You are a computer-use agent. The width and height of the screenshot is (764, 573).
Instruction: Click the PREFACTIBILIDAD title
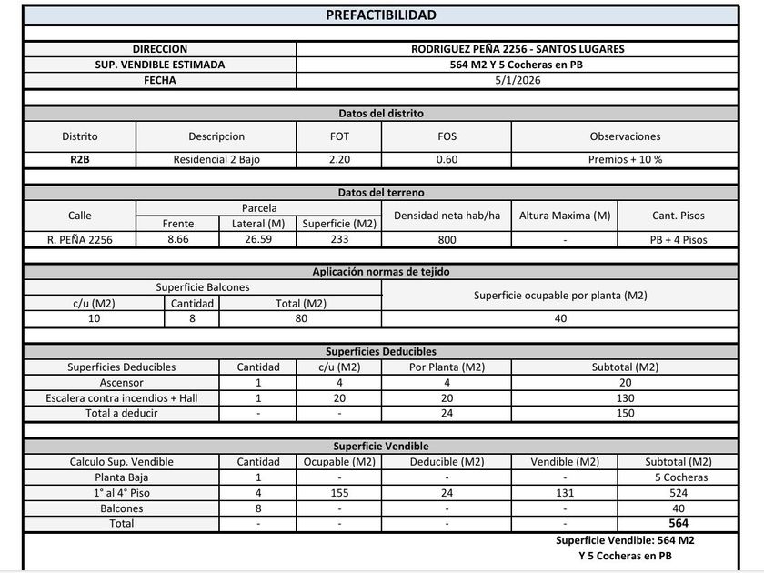381,15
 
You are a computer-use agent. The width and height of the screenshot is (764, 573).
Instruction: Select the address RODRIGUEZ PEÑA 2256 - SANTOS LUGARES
517,49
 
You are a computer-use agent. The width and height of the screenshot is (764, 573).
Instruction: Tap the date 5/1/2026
517,80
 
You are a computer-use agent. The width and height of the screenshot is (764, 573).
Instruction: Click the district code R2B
79,159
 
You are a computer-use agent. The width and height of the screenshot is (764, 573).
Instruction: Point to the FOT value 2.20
338,159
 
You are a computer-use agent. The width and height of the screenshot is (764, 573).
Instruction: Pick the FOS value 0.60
446,159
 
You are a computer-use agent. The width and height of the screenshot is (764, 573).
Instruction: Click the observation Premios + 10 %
624,159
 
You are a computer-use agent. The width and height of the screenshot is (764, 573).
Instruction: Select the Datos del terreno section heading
381,193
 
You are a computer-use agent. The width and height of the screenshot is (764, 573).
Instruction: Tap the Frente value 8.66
177,239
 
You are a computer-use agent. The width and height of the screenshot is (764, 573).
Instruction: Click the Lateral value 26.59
257,239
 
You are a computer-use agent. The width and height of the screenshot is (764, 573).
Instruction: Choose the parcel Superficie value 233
338,239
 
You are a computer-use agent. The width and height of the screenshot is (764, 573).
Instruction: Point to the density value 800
446,239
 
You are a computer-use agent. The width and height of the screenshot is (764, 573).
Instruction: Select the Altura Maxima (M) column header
565,216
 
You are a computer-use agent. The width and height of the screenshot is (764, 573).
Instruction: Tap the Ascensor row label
121,383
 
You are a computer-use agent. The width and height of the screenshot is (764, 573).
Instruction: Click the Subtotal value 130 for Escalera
624,398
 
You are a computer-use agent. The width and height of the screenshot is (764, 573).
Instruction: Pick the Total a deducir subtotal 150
624,414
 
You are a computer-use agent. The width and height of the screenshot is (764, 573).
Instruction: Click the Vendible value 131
565,492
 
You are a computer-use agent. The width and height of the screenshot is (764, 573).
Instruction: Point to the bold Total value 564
679,523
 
